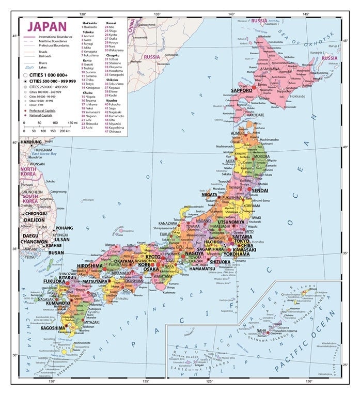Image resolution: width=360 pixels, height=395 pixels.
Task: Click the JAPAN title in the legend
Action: (x=47, y=26)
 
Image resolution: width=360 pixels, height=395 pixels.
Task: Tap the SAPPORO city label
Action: (x=241, y=90)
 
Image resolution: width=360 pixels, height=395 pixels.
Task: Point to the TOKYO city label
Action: (x=241, y=241)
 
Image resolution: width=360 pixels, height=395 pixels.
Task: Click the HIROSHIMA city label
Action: (x=89, y=266)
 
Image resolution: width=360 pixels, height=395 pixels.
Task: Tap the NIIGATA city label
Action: (x=212, y=195)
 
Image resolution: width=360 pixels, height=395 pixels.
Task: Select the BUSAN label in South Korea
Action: (x=41, y=254)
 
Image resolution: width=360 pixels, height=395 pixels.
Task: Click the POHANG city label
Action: (x=64, y=228)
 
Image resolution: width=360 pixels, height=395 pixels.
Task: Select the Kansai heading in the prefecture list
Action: (x=111, y=23)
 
